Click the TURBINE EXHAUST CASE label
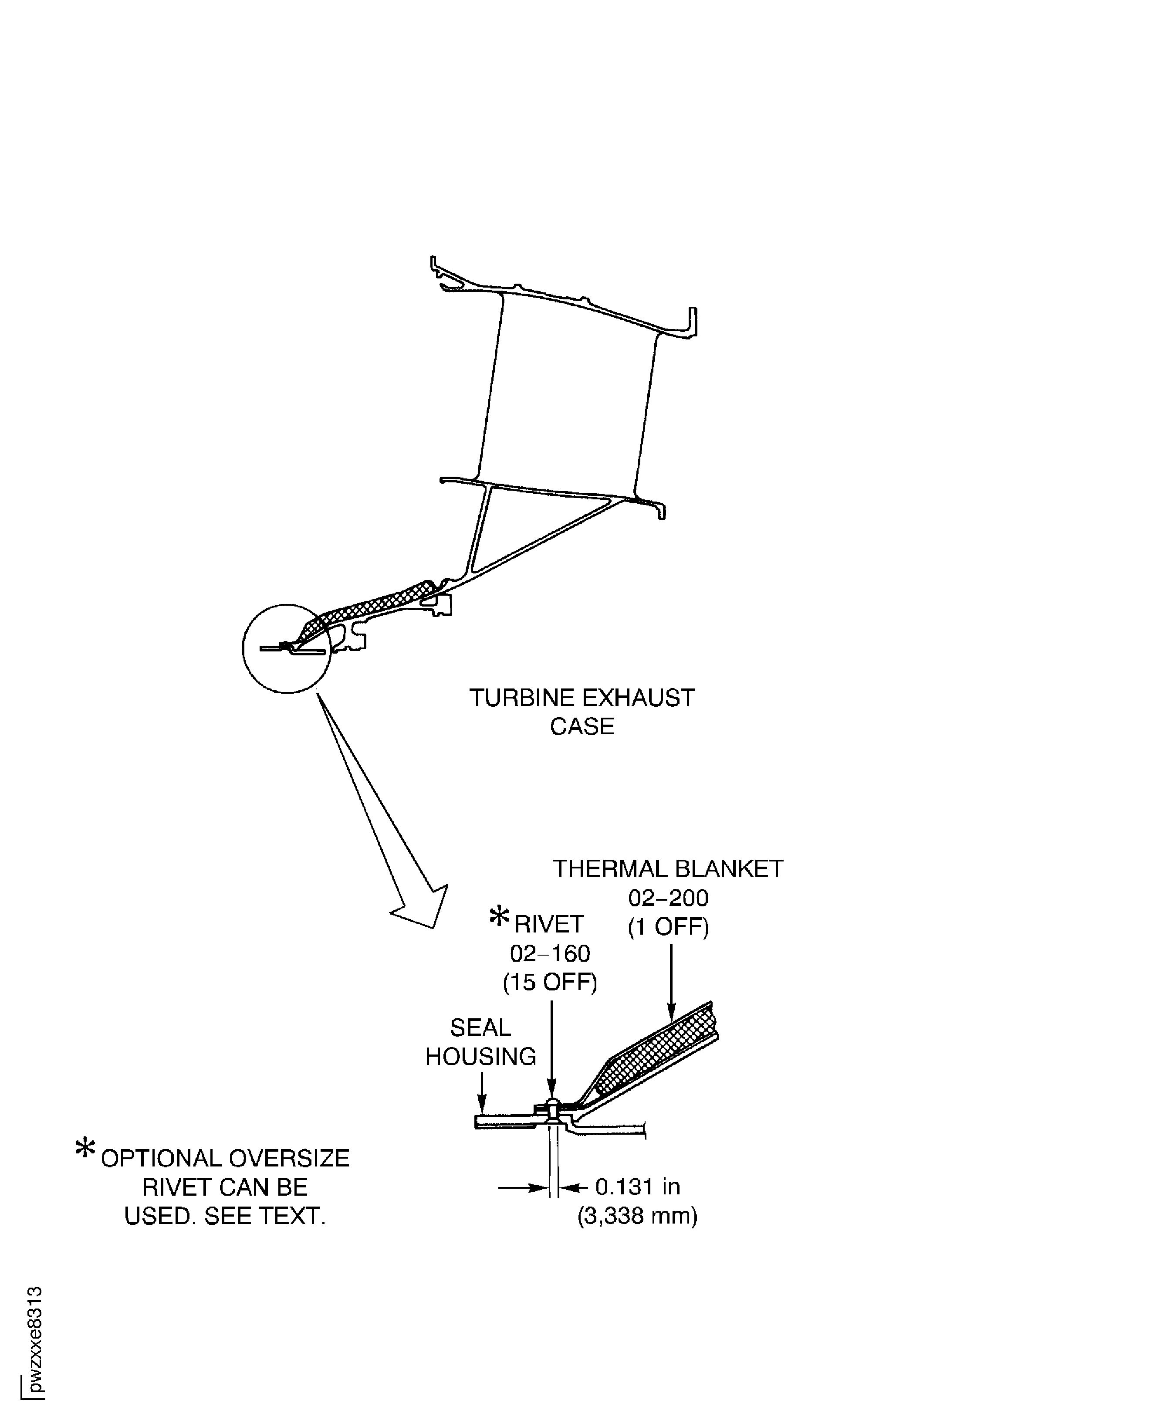[582, 712]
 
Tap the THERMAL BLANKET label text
[668, 868]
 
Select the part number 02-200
[668, 898]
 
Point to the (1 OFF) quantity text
[668, 926]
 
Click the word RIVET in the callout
[549, 924]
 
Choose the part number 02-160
[550, 953]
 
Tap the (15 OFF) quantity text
[550, 982]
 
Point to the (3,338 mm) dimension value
[638, 1215]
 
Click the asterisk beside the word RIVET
[499, 916]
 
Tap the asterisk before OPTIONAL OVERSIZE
[85, 1148]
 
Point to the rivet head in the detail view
[551, 1104]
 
